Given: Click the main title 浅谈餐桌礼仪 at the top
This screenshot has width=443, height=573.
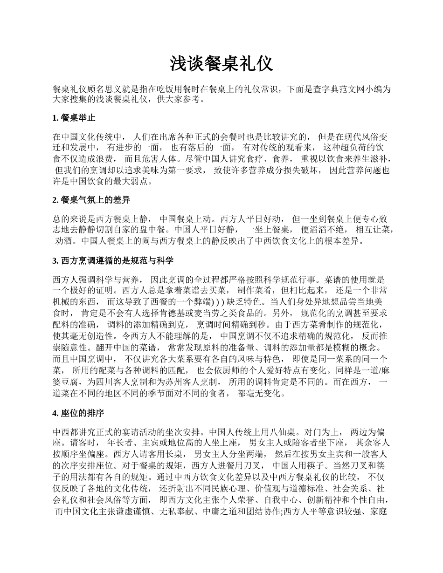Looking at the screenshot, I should (x=221, y=64).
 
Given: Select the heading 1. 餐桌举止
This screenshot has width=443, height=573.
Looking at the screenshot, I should (x=74, y=118).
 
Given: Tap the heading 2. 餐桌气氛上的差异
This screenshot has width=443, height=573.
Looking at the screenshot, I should (x=91, y=200).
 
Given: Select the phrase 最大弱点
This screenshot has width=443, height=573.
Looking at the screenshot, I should (x=133, y=181).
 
